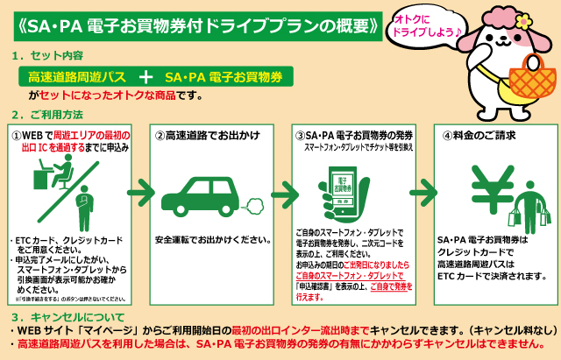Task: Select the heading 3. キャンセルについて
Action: pos(67,315)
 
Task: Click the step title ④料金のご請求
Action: pos(479,136)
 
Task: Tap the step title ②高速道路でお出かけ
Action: pos(199,136)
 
